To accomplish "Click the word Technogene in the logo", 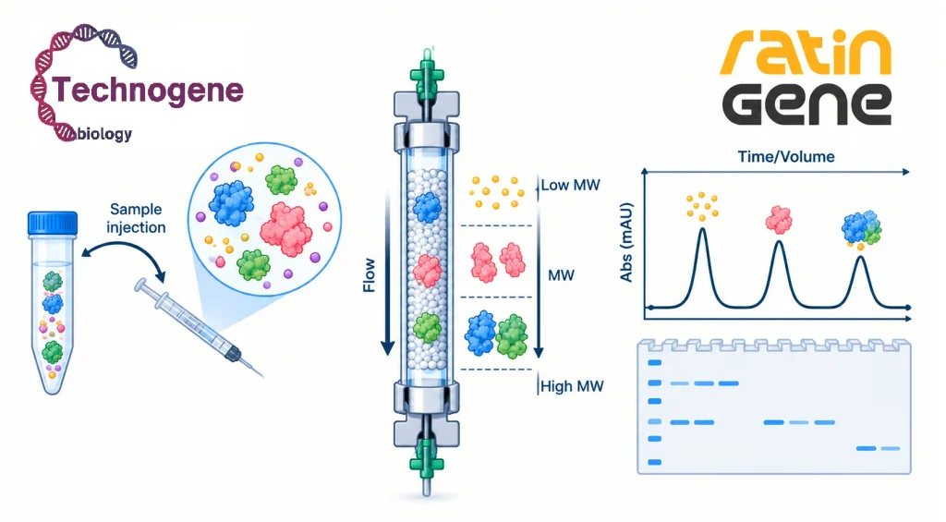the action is point(148,91).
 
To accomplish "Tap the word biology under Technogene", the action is point(103,133).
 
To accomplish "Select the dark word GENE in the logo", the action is point(807,104).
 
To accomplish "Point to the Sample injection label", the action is point(136,218).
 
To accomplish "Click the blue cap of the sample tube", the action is point(53,223).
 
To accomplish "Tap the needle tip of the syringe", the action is point(263,377).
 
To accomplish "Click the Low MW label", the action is point(570,186).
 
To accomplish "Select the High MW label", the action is point(572,386).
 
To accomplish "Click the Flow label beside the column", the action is point(370,275).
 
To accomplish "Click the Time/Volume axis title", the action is point(786,157).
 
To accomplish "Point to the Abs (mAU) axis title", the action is point(626,243).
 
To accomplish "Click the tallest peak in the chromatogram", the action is point(702,229).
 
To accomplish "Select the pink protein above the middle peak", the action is point(779,220).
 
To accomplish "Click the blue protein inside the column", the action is point(428,207).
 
